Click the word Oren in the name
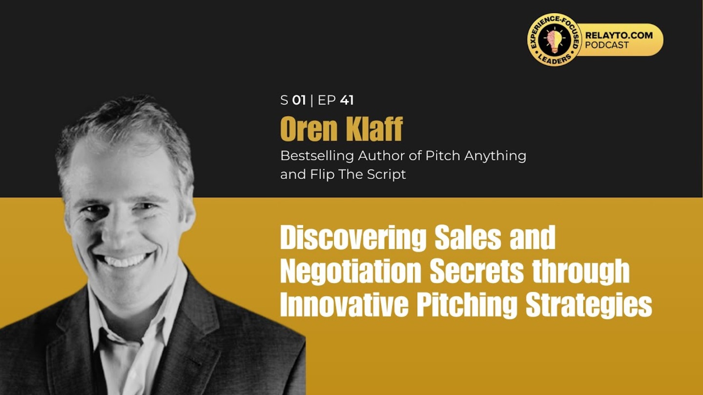click(x=309, y=129)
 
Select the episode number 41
click(x=347, y=100)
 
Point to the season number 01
click(x=299, y=100)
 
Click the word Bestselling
click(x=317, y=156)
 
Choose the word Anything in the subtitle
click(x=495, y=156)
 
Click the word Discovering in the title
click(x=353, y=238)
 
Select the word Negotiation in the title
click(x=351, y=272)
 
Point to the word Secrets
click(x=476, y=272)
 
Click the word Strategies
click(x=589, y=305)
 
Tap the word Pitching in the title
click(x=467, y=305)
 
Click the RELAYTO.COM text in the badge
click(x=619, y=36)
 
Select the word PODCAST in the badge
click(x=607, y=45)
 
